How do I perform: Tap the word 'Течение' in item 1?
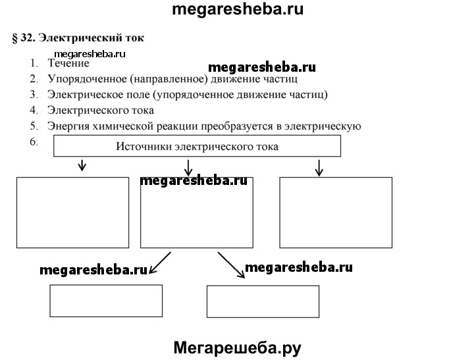click(x=68, y=64)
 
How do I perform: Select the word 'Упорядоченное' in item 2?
click(x=84, y=79)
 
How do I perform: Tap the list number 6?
click(x=34, y=141)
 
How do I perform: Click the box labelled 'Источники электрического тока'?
click(x=197, y=146)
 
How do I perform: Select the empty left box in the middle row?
click(x=72, y=212)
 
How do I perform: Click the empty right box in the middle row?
click(x=336, y=212)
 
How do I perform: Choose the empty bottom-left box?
click(x=107, y=301)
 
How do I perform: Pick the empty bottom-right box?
click(x=263, y=301)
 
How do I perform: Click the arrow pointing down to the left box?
click(x=82, y=165)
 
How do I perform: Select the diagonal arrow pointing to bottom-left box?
click(x=160, y=263)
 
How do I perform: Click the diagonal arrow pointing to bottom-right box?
click(x=232, y=265)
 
